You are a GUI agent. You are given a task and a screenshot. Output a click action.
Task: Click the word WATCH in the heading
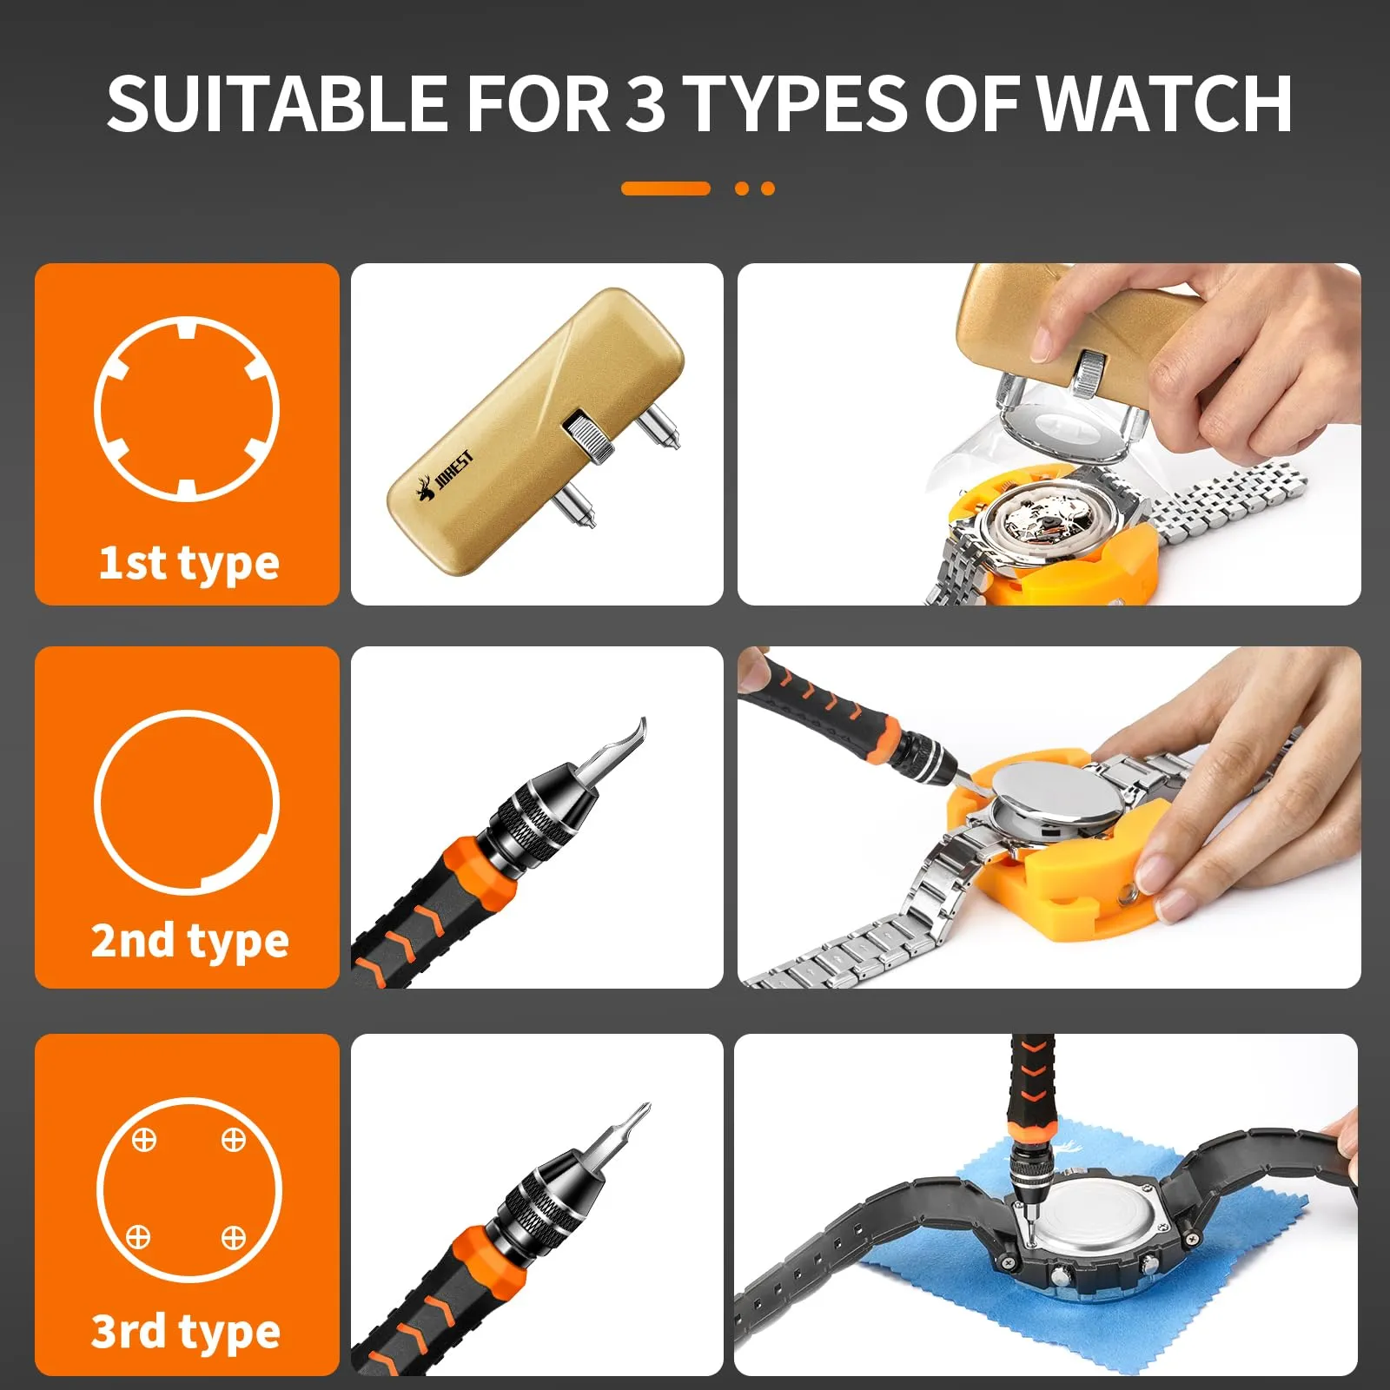[1165, 103]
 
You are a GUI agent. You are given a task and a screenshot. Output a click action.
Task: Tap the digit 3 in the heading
[645, 103]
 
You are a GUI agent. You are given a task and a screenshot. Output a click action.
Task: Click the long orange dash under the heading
[665, 189]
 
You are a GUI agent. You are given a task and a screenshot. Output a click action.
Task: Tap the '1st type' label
[189, 563]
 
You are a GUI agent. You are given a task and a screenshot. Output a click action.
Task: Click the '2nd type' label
[189, 941]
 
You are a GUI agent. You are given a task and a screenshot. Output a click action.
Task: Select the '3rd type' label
[186, 1331]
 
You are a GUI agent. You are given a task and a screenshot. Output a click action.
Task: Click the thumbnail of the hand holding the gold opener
[1049, 434]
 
